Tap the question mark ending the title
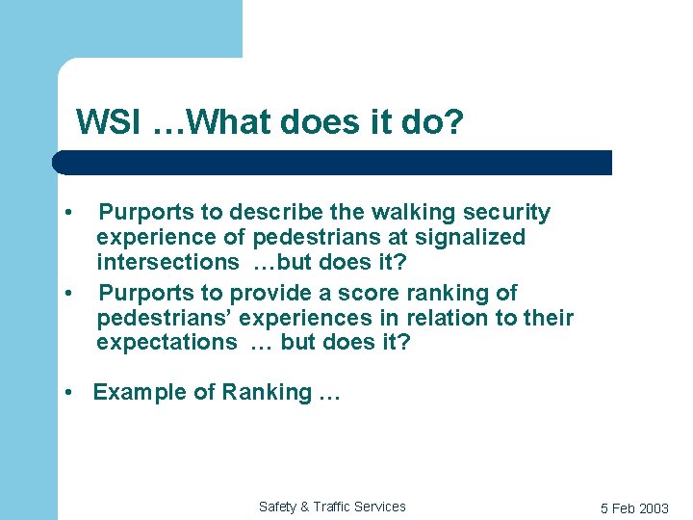(x=453, y=122)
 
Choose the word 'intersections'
(x=167, y=262)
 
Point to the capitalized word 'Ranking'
(x=266, y=392)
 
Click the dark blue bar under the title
(x=332, y=162)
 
